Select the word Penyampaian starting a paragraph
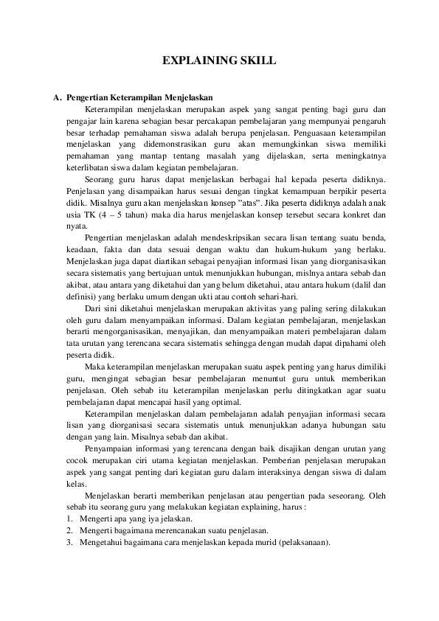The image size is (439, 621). tap(108, 448)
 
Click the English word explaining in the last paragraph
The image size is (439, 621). tap(256, 507)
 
